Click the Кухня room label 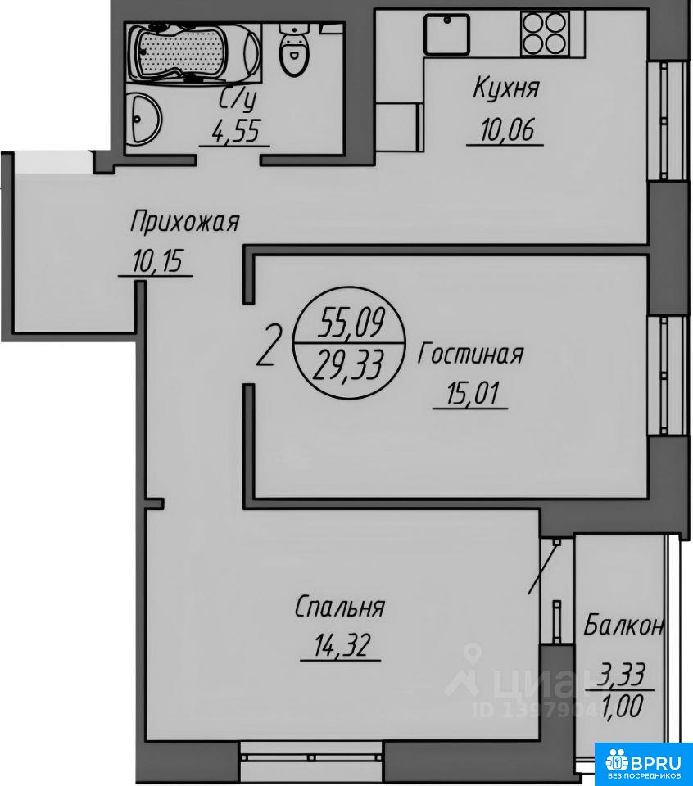[x=506, y=89]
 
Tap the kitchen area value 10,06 [x=507, y=130]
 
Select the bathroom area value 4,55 [x=236, y=131]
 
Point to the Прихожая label [x=184, y=222]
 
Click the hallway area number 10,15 [x=157, y=260]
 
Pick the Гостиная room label [x=470, y=354]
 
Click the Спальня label [x=339, y=608]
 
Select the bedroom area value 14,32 [x=342, y=645]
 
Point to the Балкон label [x=624, y=626]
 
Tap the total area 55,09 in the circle [x=351, y=323]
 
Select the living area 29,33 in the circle [x=347, y=364]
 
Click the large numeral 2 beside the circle [x=266, y=346]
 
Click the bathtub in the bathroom [x=193, y=52]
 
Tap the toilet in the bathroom [x=292, y=50]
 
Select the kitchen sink [x=446, y=34]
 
